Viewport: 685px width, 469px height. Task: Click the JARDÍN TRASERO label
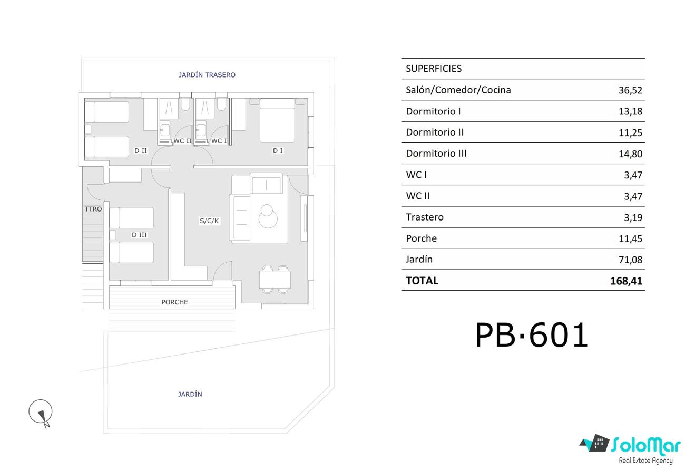207,75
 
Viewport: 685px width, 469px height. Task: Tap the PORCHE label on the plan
174,302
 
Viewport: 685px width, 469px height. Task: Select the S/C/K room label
209,221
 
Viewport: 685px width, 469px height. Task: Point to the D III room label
139,235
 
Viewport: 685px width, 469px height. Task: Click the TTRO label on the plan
93,209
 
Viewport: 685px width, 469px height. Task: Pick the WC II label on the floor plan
182,141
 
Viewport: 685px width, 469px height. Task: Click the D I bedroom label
278,151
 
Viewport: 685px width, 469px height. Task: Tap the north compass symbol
41,413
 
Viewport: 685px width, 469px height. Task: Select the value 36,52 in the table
630,90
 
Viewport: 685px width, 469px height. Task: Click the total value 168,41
626,281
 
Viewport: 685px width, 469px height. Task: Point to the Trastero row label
425,217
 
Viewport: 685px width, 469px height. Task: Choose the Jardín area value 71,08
630,260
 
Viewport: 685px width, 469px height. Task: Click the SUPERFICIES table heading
434,69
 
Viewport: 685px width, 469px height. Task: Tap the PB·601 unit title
532,335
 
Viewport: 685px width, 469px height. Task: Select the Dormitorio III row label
436,154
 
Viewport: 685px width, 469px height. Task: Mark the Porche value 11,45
630,239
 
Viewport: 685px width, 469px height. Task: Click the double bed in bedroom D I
277,121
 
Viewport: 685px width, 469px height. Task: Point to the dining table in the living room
275,280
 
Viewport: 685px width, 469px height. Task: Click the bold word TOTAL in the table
422,281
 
